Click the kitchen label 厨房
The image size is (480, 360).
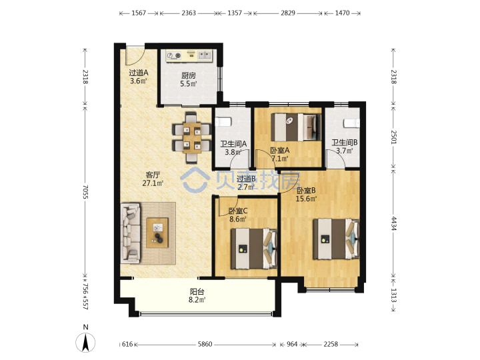pyautogui.click(x=188, y=75)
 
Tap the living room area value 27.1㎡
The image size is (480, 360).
pyautogui.click(x=153, y=183)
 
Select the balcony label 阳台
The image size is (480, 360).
pyautogui.click(x=197, y=292)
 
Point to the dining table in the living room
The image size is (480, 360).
pyautogui.click(x=192, y=137)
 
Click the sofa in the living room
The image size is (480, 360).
pyautogui.click(x=131, y=233)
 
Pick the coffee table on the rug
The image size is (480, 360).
pyautogui.click(x=157, y=233)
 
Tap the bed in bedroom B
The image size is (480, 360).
pyautogui.click(x=336, y=239)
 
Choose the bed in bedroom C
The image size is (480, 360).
pyautogui.click(x=254, y=249)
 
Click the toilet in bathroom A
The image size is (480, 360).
pyautogui.click(x=223, y=122)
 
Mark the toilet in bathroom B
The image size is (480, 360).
pyautogui.click(x=351, y=123)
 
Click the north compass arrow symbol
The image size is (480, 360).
pyautogui.click(x=85, y=343)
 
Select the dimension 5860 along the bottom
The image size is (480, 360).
pyautogui.click(x=205, y=345)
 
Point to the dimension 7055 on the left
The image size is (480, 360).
pyautogui.click(x=85, y=192)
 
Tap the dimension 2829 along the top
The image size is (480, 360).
pyautogui.click(x=288, y=13)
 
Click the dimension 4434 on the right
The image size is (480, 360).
pyautogui.click(x=394, y=224)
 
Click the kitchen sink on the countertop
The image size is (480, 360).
pyautogui.click(x=205, y=55)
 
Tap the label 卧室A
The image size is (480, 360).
pyautogui.click(x=280, y=150)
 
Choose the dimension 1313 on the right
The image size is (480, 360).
pyautogui.click(x=394, y=295)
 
